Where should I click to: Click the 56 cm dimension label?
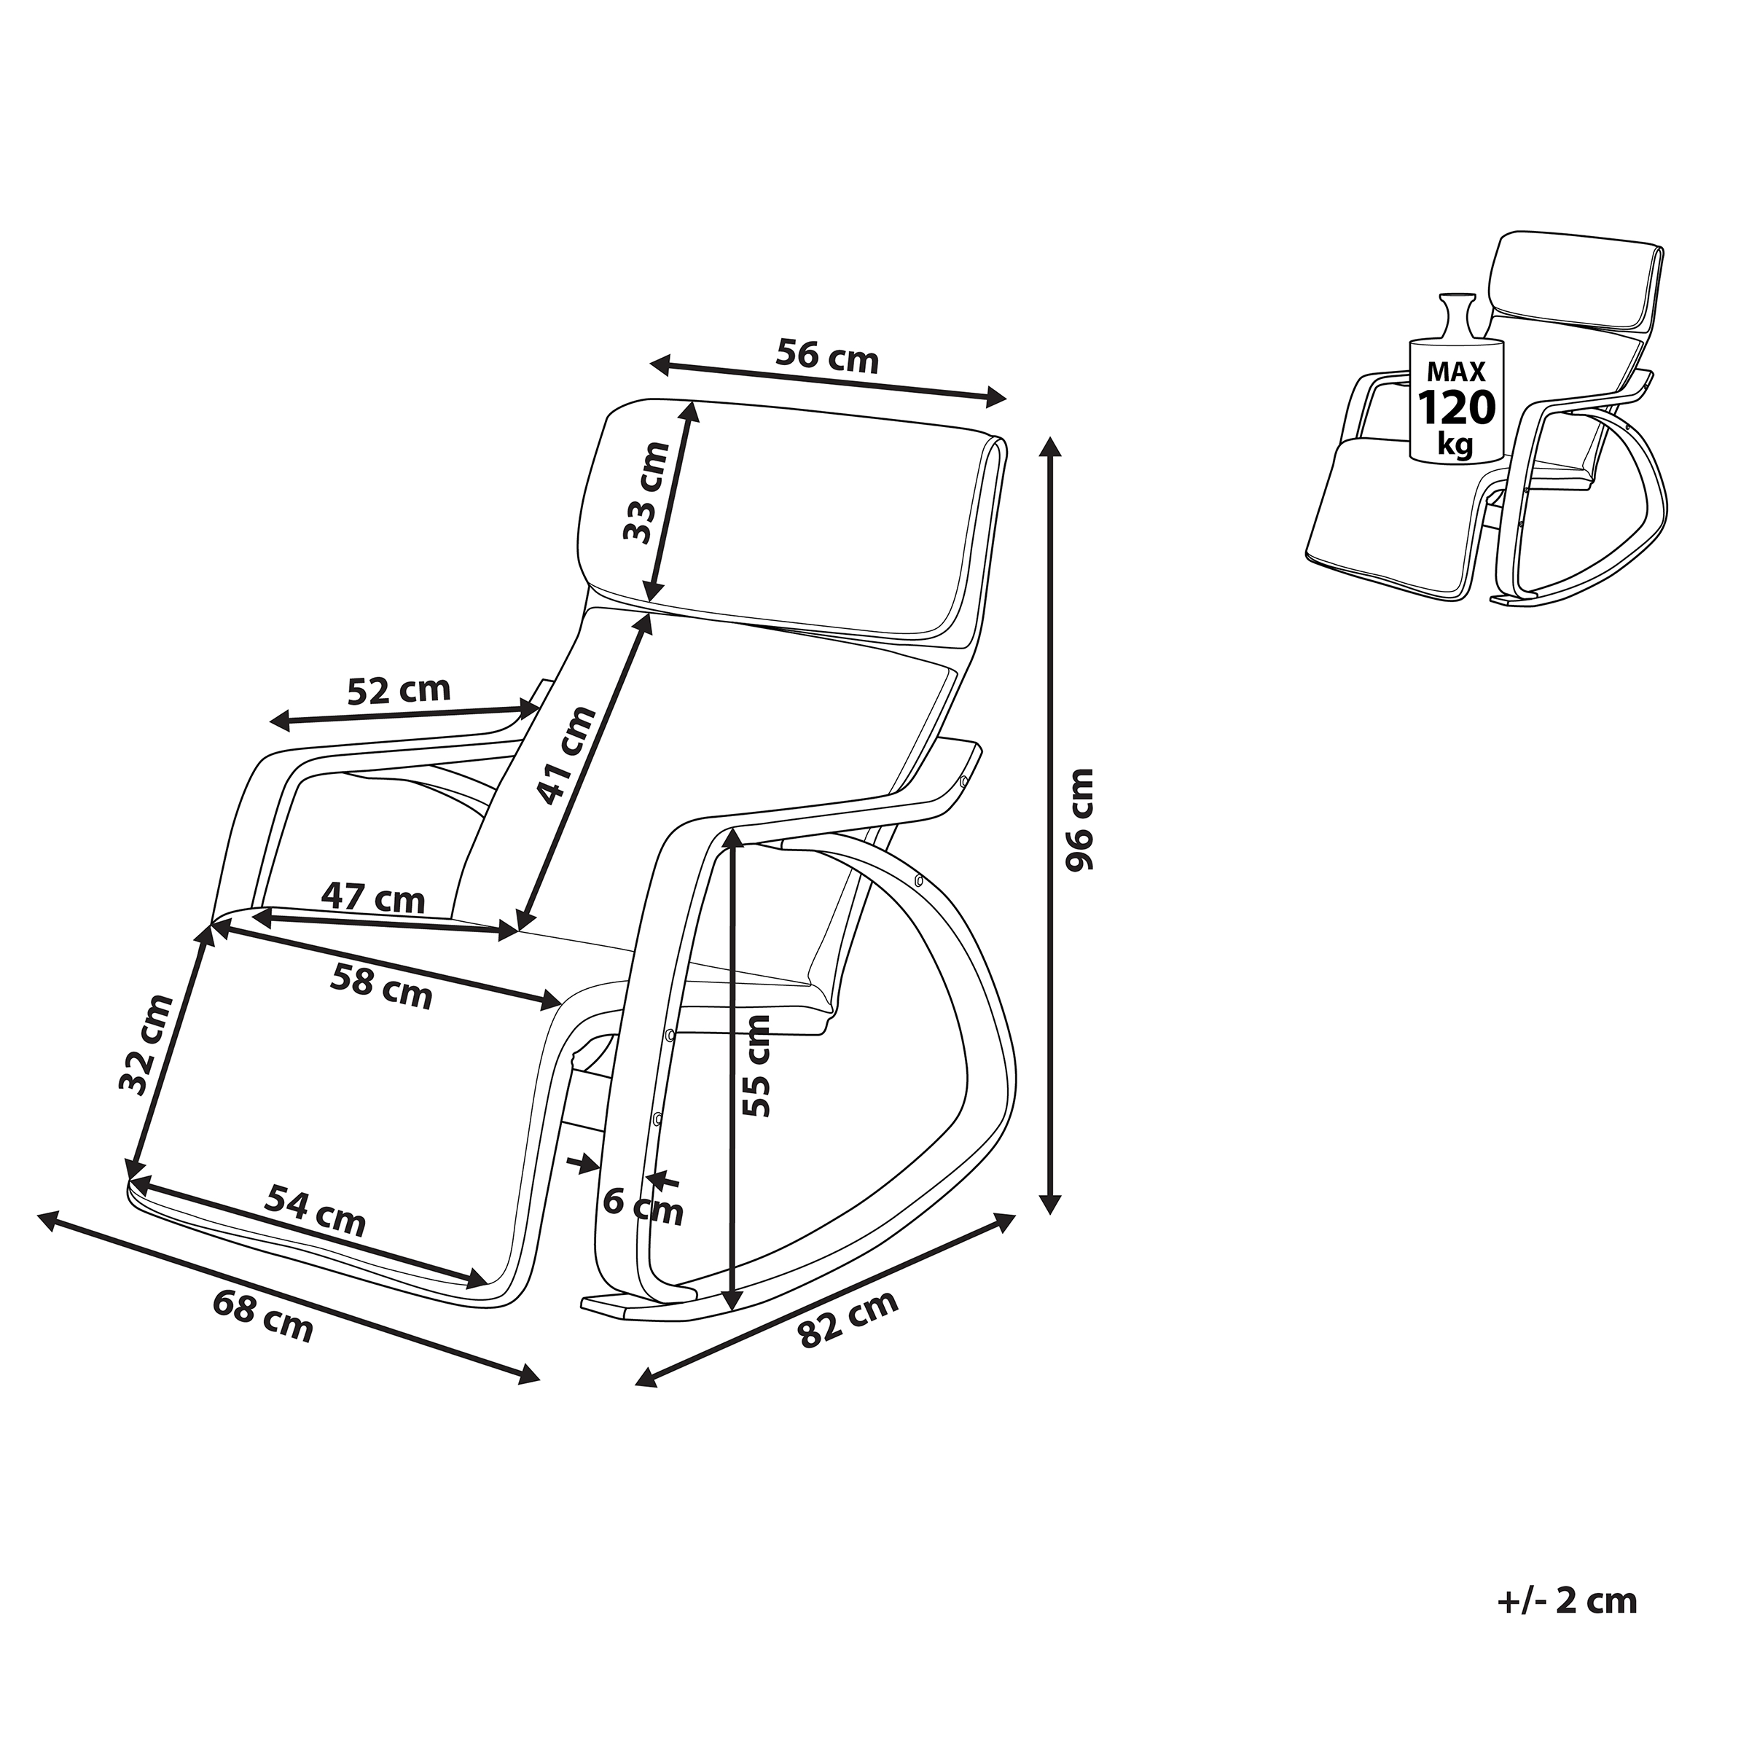pos(826,356)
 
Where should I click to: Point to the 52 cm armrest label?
pos(399,691)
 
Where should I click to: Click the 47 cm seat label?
pos(373,897)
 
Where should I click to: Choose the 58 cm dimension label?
pos(381,986)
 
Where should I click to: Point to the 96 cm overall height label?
pos(1079,819)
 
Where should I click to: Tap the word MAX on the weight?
pos(1457,371)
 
